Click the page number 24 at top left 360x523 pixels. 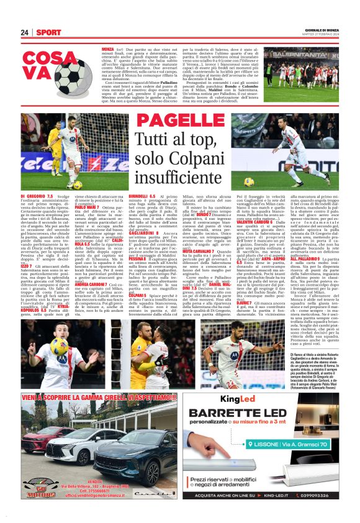(x=25, y=32)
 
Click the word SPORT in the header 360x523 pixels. (x=48, y=32)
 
